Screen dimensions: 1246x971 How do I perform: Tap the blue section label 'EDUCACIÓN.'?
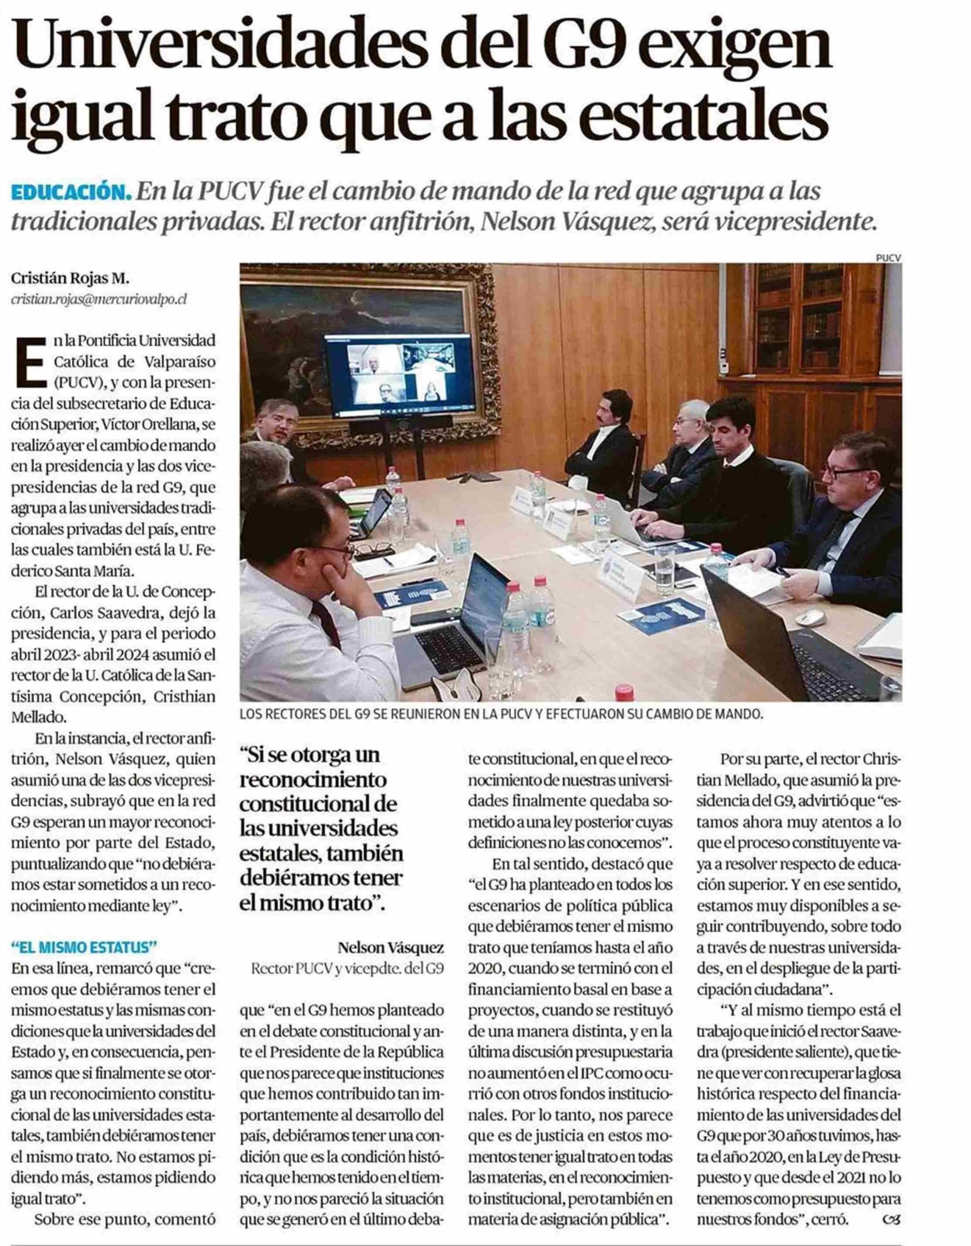pyautogui.click(x=70, y=193)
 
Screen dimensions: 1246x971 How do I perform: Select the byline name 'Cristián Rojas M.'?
pyautogui.click(x=70, y=279)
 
